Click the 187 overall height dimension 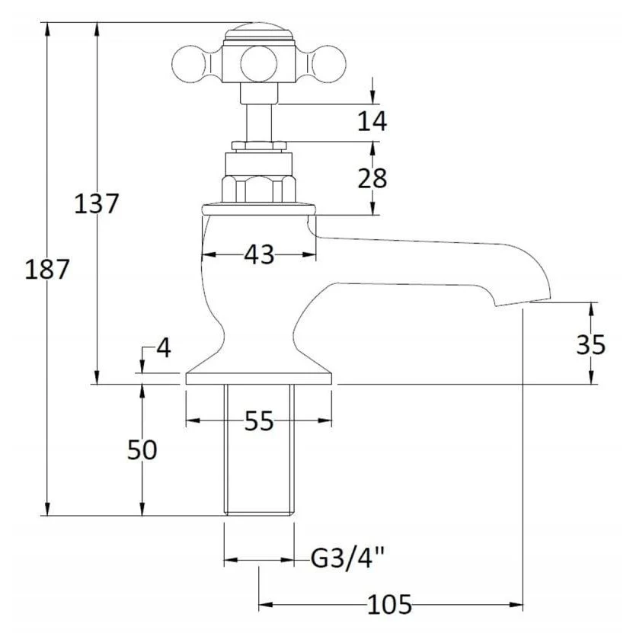[46, 270]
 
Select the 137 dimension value [97, 203]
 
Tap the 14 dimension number [372, 120]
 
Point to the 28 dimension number [372, 178]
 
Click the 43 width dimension [259, 254]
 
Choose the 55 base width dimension [259, 421]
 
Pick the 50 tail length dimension [142, 449]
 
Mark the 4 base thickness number [164, 348]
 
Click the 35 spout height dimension [591, 344]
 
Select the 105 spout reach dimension [389, 604]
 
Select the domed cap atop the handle [259, 32]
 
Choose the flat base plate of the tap [259, 379]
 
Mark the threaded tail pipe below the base [259, 450]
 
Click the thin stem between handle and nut [259, 123]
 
